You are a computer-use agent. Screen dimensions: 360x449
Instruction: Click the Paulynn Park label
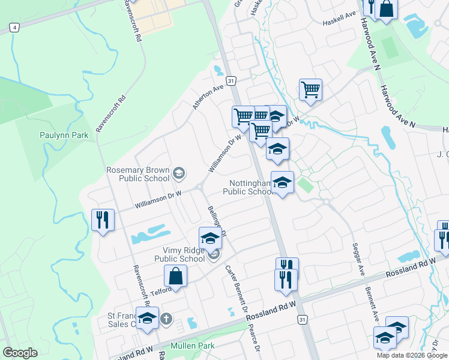(64, 135)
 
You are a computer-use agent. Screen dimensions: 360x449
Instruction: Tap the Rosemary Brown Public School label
(138, 174)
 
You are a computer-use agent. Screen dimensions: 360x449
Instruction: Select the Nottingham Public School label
(247, 187)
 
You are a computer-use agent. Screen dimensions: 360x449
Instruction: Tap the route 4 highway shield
(14, 27)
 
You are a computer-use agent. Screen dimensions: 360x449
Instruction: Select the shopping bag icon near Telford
(176, 276)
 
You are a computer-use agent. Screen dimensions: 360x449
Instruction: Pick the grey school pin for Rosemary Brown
(178, 174)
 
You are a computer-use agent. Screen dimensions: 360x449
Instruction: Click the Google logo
(20, 353)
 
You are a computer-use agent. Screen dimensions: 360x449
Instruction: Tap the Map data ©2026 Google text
(412, 355)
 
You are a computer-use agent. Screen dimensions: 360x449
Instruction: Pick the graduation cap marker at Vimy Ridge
(210, 238)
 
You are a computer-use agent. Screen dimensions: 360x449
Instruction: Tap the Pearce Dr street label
(255, 338)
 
